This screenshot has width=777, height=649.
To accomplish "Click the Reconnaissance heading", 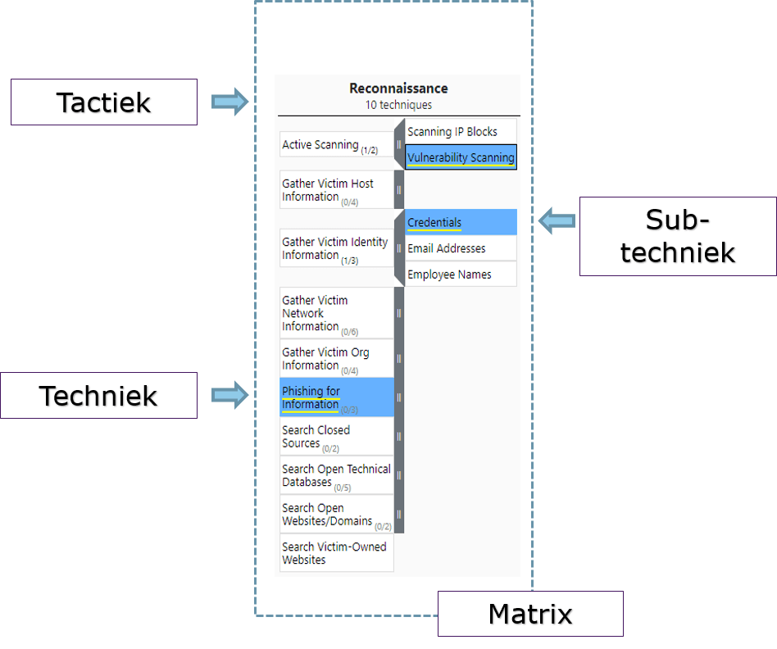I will point(398,88).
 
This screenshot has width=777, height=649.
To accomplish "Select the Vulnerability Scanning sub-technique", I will point(461,157).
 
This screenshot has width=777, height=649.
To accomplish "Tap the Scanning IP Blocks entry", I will point(452,131).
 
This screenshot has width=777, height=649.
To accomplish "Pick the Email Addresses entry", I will point(447,248).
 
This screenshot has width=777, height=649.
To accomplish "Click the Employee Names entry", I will point(449,275).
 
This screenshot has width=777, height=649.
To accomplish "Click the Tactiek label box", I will point(104,102).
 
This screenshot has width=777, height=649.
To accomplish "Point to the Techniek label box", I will point(98,396).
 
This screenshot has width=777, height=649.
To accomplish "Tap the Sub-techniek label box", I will point(678,236).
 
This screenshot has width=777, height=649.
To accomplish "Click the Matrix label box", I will point(530,614).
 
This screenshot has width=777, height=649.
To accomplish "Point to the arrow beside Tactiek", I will point(229,102).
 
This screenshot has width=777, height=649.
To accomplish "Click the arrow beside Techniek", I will point(229,395).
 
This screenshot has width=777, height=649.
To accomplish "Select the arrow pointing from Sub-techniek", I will point(557,220).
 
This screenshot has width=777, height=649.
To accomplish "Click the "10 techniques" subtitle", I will point(398,105).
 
